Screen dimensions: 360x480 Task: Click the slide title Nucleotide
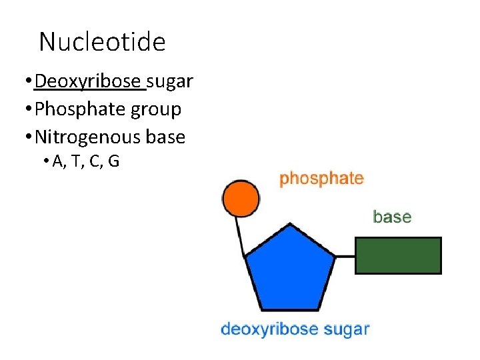pyautogui.click(x=102, y=43)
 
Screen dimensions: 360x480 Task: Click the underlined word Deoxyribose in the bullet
pyautogui.click(x=89, y=82)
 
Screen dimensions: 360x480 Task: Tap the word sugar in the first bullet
pyautogui.click(x=170, y=82)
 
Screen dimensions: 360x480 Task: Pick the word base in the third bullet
pyautogui.click(x=165, y=137)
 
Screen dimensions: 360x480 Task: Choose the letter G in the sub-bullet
pyautogui.click(x=113, y=161)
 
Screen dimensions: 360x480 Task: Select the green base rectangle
pyautogui.click(x=398, y=255)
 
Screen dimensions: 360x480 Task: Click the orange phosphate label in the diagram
pyautogui.click(x=321, y=179)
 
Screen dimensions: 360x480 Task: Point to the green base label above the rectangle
pyautogui.click(x=392, y=217)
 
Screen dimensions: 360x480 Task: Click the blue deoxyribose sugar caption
pyautogui.click(x=295, y=329)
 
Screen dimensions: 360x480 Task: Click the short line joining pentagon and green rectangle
pyautogui.click(x=345, y=255)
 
